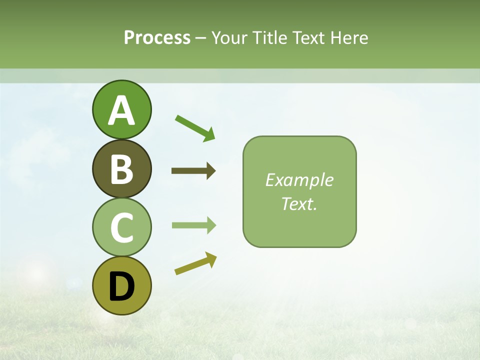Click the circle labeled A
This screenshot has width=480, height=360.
(x=121, y=109)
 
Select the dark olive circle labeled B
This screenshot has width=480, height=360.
(x=121, y=168)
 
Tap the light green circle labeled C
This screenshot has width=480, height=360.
(x=121, y=227)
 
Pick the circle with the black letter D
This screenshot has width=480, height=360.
(x=121, y=285)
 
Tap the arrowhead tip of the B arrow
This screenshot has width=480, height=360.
(x=215, y=171)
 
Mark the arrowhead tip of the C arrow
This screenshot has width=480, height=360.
(x=215, y=225)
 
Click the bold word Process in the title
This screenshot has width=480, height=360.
(x=157, y=37)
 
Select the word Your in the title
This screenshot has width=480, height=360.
(x=230, y=37)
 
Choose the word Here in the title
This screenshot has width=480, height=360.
(x=349, y=37)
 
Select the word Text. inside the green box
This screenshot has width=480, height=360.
(x=299, y=203)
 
